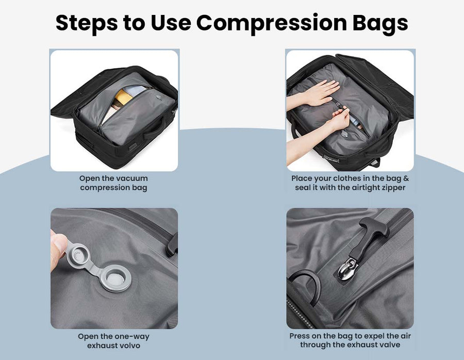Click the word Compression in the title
271,23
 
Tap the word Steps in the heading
86,23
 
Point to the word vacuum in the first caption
132,178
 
